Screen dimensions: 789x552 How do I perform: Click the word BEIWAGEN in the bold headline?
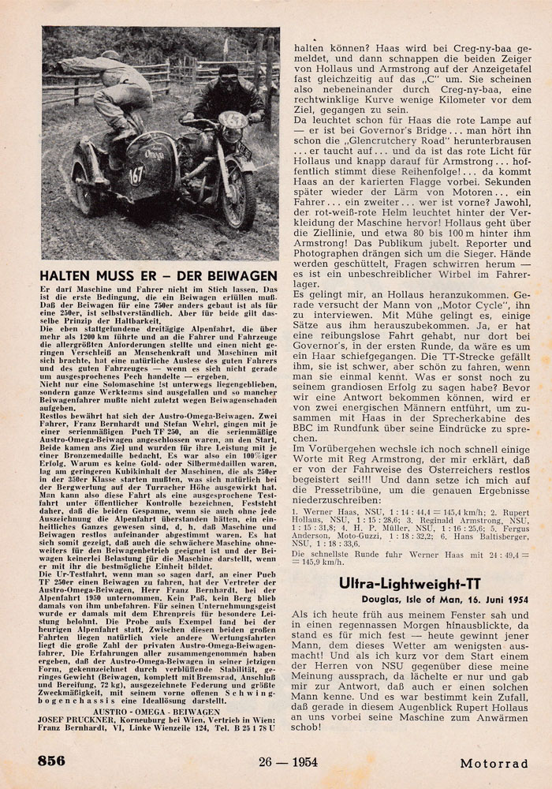coord(236,275)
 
